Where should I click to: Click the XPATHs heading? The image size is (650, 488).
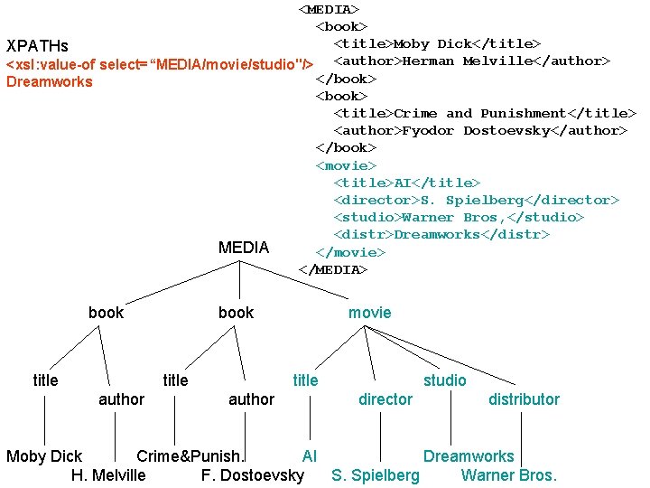click(37, 45)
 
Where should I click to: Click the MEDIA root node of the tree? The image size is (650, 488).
click(244, 248)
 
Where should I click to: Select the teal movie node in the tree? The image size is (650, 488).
click(370, 313)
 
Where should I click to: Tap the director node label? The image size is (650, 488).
click(385, 399)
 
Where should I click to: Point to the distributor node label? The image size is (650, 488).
click(524, 399)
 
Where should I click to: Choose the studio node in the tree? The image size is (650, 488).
click(445, 380)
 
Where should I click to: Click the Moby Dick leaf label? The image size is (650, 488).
click(44, 456)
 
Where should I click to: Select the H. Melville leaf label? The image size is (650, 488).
click(108, 475)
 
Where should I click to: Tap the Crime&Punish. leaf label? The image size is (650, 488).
click(190, 456)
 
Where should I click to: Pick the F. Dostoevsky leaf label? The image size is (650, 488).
click(253, 475)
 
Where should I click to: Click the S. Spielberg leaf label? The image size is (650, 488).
click(376, 475)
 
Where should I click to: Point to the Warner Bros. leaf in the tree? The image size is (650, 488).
click(509, 475)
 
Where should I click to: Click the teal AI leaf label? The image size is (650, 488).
click(310, 456)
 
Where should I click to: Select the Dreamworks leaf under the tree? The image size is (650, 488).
click(469, 456)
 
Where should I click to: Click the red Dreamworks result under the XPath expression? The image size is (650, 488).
click(49, 82)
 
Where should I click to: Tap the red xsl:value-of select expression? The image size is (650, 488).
click(160, 64)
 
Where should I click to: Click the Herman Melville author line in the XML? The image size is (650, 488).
click(472, 61)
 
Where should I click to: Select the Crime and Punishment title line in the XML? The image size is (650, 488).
click(485, 114)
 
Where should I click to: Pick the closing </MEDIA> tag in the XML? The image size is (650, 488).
click(333, 270)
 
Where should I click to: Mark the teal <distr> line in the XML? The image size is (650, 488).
click(441, 235)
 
